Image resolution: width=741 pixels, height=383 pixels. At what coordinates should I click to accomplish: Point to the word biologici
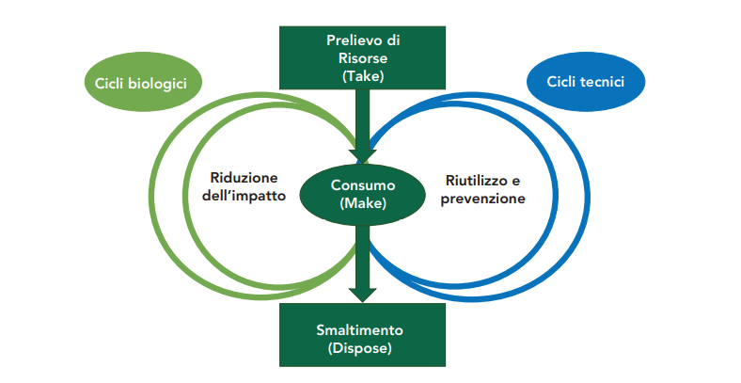(x=158, y=83)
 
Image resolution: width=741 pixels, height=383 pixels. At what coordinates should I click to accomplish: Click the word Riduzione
(x=244, y=178)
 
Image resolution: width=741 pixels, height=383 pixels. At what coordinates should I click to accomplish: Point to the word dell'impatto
(x=244, y=196)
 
